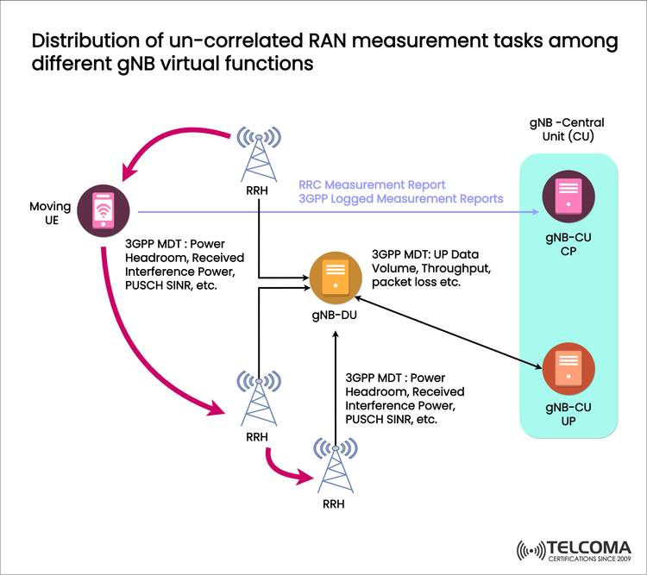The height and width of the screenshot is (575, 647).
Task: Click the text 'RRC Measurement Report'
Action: pos(372,184)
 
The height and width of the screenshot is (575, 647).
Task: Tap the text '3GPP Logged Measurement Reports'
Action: pos(400,198)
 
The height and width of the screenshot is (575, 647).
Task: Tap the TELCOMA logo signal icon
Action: pos(530,550)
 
